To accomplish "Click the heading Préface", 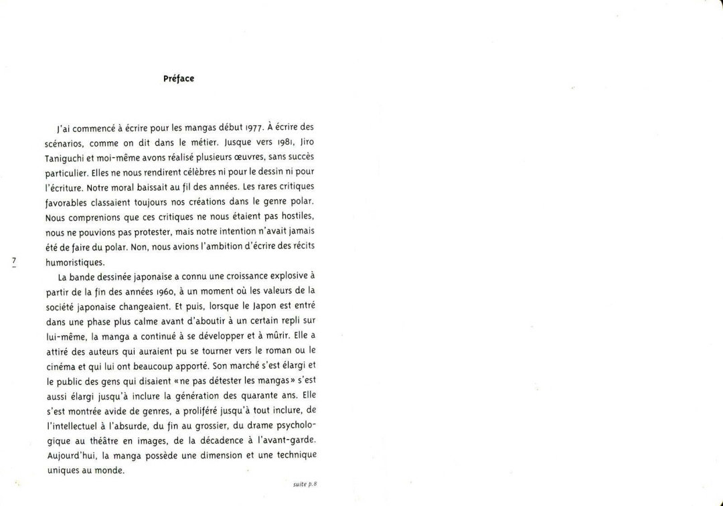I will click(x=179, y=78).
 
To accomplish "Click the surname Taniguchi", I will click(x=66, y=156).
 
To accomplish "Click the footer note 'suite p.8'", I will click(x=305, y=483).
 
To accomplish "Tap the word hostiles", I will click(x=297, y=218).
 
